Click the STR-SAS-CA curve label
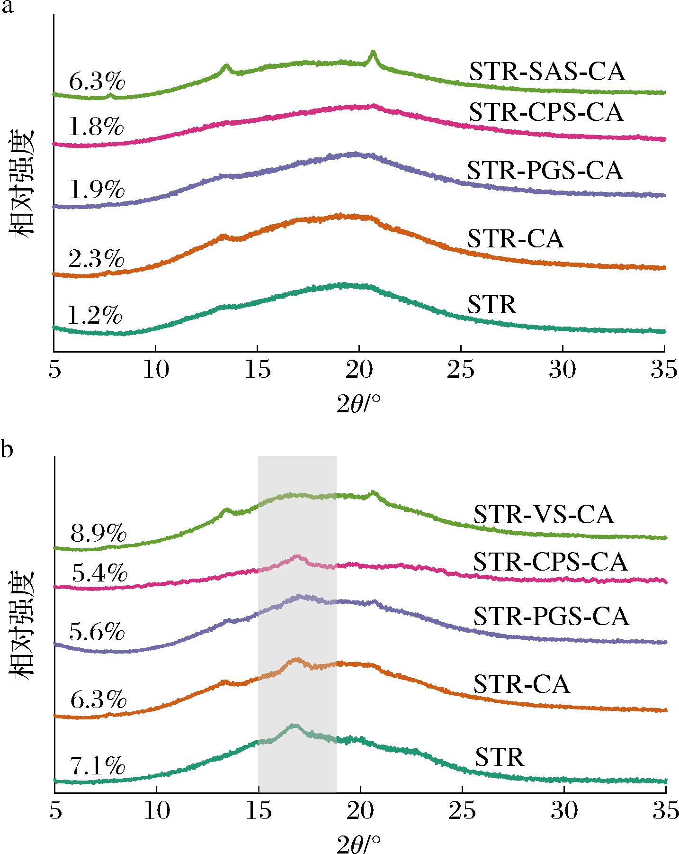click(x=547, y=73)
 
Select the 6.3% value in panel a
click(x=97, y=82)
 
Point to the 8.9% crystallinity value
click(x=98, y=535)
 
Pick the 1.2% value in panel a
click(x=96, y=315)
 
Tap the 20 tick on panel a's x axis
click(x=359, y=371)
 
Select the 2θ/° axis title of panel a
click(x=358, y=404)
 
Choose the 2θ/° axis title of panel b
click(x=358, y=844)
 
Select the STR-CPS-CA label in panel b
click(x=550, y=563)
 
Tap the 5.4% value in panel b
click(x=99, y=574)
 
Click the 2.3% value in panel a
click(x=96, y=259)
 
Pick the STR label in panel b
click(x=500, y=757)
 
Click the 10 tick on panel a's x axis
click(x=156, y=371)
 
